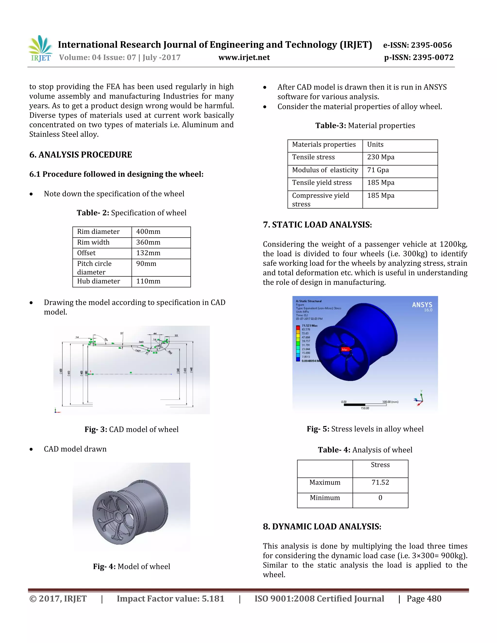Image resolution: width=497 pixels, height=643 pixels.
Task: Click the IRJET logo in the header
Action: [x=40, y=49]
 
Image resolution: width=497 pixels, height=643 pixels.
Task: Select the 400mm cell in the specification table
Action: [x=148, y=232]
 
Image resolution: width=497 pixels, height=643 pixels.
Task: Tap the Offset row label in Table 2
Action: [x=86, y=253]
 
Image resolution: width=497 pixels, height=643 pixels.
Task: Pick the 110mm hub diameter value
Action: [x=148, y=281]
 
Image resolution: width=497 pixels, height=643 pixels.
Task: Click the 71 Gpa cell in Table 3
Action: [x=378, y=170]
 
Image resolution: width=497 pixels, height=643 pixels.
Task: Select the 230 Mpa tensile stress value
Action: [x=381, y=157]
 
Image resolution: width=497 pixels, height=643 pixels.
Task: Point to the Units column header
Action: [x=375, y=144]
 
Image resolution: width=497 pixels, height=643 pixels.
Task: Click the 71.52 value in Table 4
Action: [x=380, y=482]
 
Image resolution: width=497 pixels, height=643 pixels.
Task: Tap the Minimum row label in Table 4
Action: [x=325, y=498]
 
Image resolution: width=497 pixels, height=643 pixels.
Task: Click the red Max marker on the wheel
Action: [x=345, y=349]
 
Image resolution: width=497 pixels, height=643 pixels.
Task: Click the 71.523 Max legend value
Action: [x=309, y=326]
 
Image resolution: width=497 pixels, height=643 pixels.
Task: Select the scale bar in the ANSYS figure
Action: [x=365, y=405]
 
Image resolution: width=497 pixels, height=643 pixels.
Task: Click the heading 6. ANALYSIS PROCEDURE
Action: [x=81, y=155]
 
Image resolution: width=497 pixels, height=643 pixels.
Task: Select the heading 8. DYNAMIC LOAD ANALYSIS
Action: [x=322, y=527]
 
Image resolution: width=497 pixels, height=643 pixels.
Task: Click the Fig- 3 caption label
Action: [x=96, y=429]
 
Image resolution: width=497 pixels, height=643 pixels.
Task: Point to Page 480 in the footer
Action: [x=424, y=599]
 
